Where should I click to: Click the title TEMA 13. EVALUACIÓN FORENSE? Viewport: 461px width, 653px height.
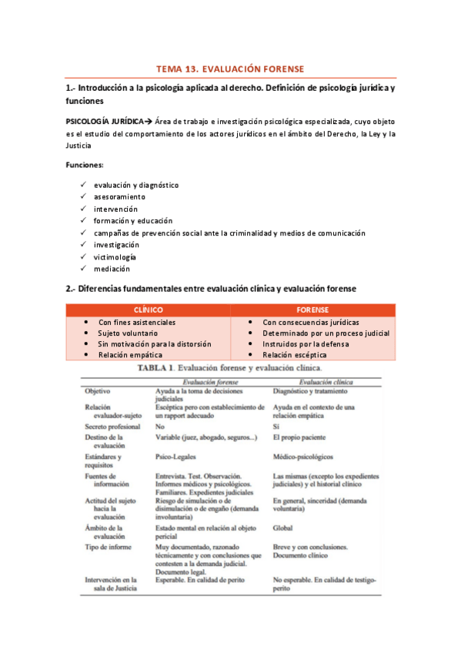[230, 69]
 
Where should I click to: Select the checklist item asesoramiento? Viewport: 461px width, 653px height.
[119, 197]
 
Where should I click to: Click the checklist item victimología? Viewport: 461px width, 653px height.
[115, 256]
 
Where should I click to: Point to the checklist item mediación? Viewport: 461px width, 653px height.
[112, 269]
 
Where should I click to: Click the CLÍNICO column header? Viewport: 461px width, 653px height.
[148, 310]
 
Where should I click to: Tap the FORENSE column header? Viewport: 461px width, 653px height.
[312, 310]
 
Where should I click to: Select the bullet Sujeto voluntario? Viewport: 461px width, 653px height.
[134, 333]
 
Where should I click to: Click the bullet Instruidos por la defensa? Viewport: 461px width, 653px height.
[305, 344]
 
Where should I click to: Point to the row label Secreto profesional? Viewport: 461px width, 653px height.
[112, 426]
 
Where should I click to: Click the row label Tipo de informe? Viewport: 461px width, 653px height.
[108, 547]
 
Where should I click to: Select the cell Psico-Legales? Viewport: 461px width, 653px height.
[176, 455]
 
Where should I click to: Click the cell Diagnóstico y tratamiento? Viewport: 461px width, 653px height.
[313, 391]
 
